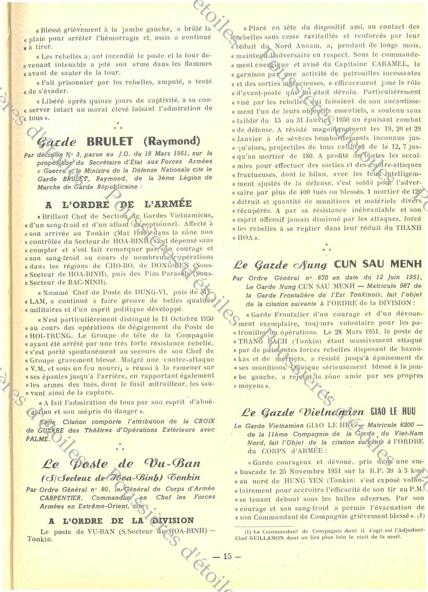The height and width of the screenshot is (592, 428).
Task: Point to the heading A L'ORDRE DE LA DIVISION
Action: [x=121, y=520]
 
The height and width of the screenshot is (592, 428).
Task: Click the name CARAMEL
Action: [x=392, y=64]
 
